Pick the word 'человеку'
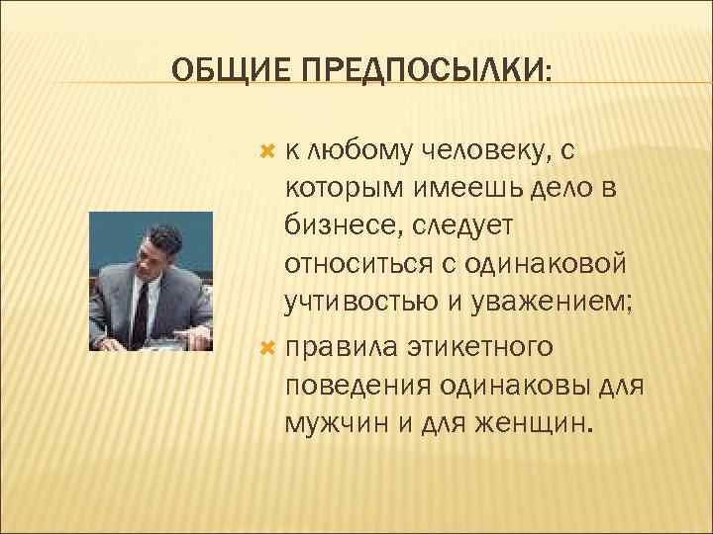point(481,151)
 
